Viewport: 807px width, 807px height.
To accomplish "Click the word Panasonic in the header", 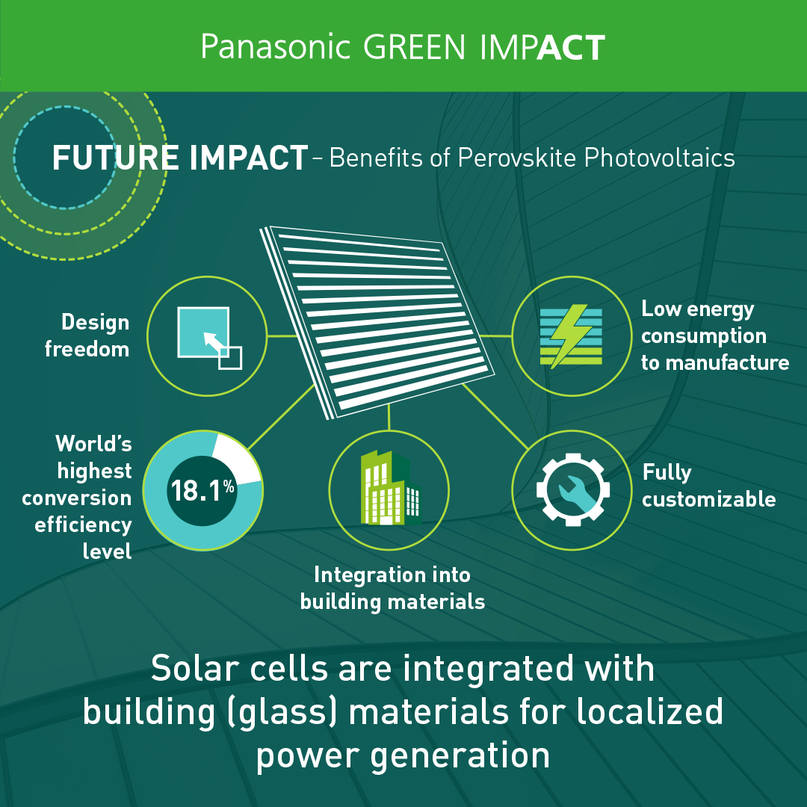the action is pos(276,47).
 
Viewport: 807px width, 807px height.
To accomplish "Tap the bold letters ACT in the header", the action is pos(571,48).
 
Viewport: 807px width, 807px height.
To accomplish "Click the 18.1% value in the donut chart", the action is pos(202,490).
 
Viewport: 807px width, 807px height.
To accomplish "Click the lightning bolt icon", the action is pos(570,336).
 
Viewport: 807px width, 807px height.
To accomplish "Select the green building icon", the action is pos(390,488).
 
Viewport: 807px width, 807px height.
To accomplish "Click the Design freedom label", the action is pos(87,336).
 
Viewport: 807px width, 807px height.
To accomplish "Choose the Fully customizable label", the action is pos(708,486).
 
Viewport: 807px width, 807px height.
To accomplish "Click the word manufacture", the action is pos(727,363).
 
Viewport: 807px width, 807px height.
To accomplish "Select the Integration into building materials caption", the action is pos(392,588).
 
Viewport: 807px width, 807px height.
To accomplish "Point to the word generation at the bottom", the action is pos(460,756).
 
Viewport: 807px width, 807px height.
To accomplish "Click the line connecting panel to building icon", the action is pos(389,417).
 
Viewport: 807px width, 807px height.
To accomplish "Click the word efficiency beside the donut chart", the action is pos(83,525).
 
